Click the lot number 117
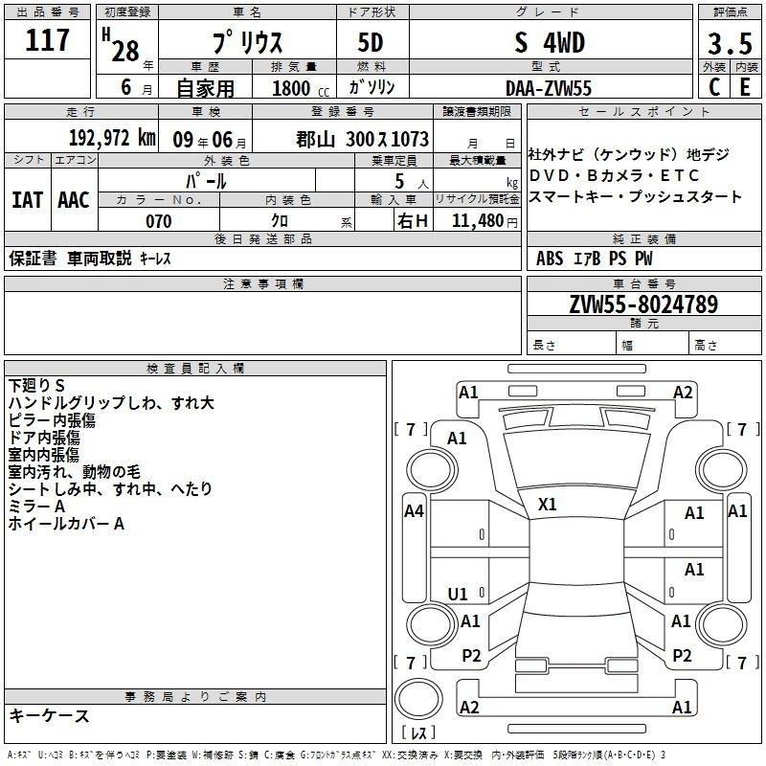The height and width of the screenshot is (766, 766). [47, 39]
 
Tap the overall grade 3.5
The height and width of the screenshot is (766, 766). [730, 43]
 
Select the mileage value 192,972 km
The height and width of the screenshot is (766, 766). [112, 138]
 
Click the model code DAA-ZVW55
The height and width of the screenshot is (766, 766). [549, 88]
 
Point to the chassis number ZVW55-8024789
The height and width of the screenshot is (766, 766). [643, 304]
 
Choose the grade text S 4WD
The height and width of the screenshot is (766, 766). [550, 42]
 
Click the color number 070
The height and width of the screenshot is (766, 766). [159, 221]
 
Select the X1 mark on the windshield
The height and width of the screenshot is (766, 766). [547, 505]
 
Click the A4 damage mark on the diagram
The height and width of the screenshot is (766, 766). [414, 511]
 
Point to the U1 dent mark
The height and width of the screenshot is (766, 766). [458, 594]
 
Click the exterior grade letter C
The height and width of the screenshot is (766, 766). [714, 87]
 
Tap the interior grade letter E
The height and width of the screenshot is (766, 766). [745, 87]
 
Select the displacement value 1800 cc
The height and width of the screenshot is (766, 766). [301, 88]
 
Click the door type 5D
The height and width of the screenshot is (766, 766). [371, 42]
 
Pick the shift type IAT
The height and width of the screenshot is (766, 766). [27, 200]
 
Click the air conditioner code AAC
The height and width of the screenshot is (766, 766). [74, 200]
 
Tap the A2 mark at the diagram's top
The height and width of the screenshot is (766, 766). [683, 393]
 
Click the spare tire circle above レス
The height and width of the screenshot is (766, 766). [418, 699]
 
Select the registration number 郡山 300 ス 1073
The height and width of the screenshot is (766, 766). [363, 139]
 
